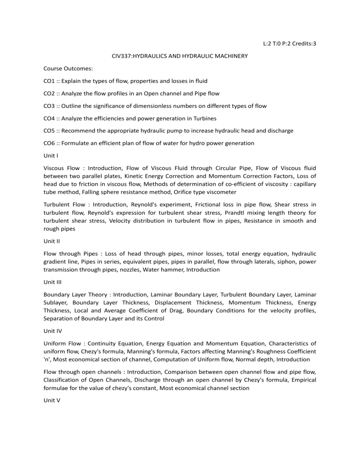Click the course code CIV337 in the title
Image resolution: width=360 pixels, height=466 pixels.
click(123, 56)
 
